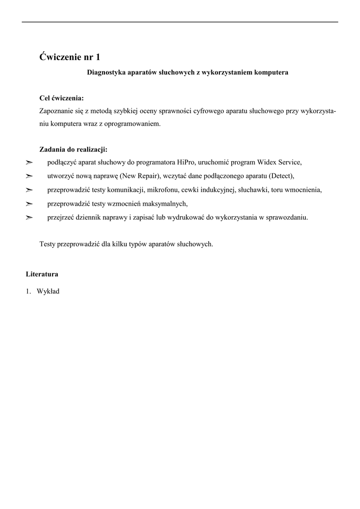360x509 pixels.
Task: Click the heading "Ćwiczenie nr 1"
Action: click(x=73, y=57)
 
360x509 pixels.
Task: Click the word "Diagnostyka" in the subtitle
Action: click(x=106, y=73)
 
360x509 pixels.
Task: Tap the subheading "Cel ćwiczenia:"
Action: click(x=61, y=98)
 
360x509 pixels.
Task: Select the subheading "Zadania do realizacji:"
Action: click(x=73, y=149)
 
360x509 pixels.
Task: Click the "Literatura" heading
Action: click(x=42, y=274)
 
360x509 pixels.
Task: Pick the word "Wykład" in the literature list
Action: click(x=48, y=291)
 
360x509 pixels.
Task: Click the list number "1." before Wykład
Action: click(x=29, y=291)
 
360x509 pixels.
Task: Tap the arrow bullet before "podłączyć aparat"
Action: click(x=29, y=162)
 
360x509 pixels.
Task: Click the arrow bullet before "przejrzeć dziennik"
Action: click(x=29, y=217)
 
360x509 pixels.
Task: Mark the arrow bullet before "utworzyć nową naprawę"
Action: click(x=29, y=176)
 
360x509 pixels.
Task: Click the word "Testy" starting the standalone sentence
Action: click(x=48, y=244)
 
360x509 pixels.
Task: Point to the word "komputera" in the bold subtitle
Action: click(x=271, y=73)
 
